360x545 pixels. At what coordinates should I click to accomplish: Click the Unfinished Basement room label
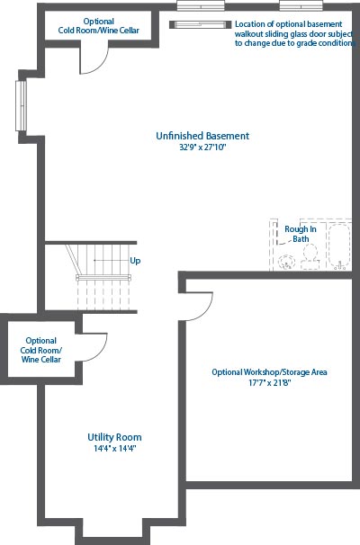[x=202, y=136]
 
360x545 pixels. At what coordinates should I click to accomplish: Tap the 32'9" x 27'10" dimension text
[x=202, y=147]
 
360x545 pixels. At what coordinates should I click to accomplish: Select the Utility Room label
[x=114, y=438]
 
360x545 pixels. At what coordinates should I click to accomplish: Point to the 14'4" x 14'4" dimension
[x=114, y=449]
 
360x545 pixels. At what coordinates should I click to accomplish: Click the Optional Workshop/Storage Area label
[x=269, y=372]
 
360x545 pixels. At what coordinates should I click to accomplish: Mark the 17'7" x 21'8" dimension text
[x=269, y=383]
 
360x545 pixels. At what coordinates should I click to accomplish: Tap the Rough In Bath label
[x=301, y=234]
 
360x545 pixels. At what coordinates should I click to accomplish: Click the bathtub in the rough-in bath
[x=339, y=246]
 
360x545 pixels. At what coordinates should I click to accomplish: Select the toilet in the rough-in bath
[x=310, y=257]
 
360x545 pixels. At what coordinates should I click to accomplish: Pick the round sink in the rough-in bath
[x=287, y=262]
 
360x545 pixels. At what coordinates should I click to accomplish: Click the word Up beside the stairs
[x=135, y=261]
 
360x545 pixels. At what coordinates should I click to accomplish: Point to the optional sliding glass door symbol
[x=201, y=24]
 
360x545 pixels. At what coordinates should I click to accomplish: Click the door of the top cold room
[x=99, y=64]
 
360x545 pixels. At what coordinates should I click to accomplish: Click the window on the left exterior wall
[x=22, y=105]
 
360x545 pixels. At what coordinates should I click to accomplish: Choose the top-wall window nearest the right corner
[x=301, y=6]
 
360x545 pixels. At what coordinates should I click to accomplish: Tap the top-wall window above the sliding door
[x=201, y=6]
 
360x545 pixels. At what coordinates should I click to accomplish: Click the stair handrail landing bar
[x=103, y=277]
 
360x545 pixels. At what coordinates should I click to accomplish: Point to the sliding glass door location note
[x=295, y=33]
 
